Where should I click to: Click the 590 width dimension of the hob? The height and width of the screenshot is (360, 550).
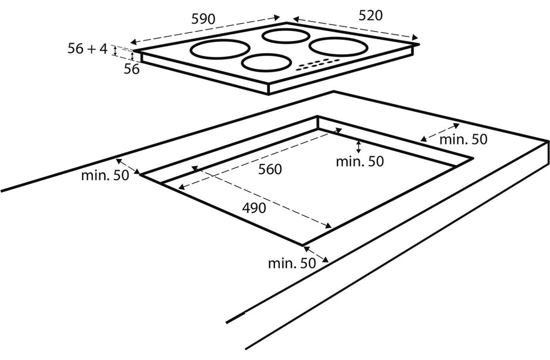coord(203,19)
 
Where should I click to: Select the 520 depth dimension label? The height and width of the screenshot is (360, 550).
coord(370,15)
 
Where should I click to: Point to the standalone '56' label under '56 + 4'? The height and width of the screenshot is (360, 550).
coord(131,69)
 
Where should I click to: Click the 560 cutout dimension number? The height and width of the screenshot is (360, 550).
coord(270,169)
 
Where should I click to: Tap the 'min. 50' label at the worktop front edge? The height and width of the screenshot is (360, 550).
coord(292,263)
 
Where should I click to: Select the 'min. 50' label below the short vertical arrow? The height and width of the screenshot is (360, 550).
coord(359,161)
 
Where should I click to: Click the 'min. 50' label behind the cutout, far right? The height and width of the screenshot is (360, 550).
coord(462,139)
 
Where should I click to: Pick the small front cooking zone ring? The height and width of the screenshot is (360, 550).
coord(266,63)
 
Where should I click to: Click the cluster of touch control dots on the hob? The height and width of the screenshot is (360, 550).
coord(315,64)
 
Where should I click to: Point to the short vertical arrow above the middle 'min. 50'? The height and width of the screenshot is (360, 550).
coord(358,146)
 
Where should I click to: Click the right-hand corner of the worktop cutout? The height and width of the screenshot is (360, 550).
coord(472,158)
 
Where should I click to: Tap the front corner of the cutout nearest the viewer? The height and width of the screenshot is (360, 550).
coord(302,245)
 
